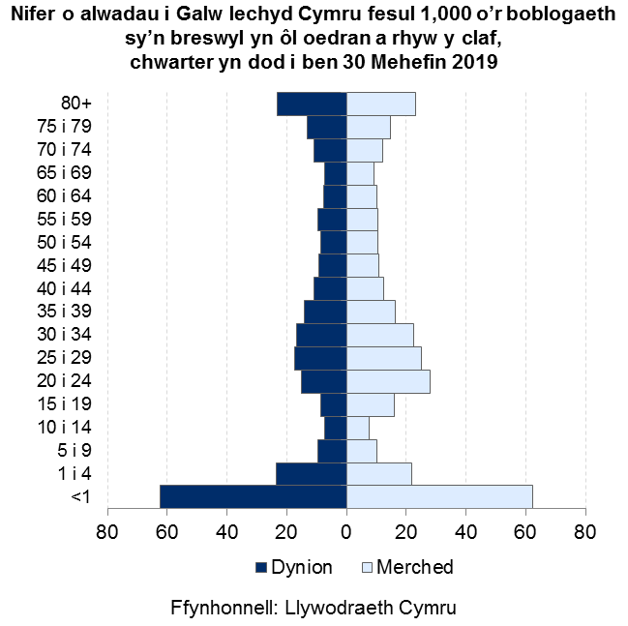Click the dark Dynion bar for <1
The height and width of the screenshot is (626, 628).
pos(253,496)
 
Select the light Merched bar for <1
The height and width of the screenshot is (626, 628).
pos(439,496)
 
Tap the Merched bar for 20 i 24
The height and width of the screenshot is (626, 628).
pos(388,381)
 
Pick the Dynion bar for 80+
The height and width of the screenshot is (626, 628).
pos(312,104)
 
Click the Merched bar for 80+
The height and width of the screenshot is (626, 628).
pos(380,104)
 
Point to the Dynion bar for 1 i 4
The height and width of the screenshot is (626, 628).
pos(312,474)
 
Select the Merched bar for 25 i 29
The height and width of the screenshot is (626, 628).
pos(383,358)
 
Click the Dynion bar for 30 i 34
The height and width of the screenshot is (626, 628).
pos(321,335)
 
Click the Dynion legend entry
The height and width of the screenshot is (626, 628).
pos(293,567)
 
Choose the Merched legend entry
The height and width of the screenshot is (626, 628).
pos(407,567)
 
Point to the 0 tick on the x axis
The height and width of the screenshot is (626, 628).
pos(346,530)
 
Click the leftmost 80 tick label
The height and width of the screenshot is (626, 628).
pos(107,530)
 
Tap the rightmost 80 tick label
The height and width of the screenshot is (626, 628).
pos(584,530)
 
